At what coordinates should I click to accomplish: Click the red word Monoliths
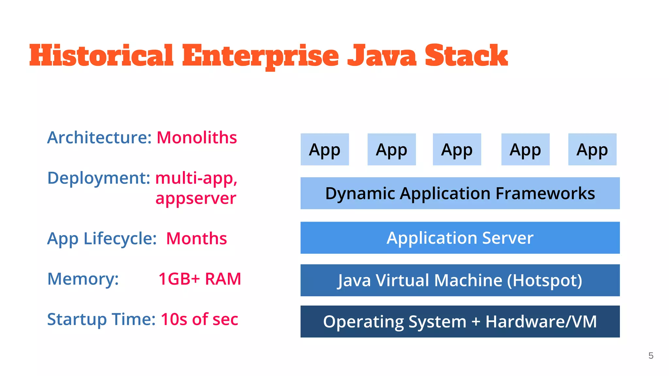tap(197, 137)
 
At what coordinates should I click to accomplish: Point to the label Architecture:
tap(99, 137)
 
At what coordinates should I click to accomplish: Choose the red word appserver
tap(196, 198)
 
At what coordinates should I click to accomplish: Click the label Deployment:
tap(99, 178)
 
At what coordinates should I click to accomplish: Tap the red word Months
tap(196, 238)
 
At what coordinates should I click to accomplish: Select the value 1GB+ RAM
tap(200, 279)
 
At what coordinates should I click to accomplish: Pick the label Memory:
tap(83, 279)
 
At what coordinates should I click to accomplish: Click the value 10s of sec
tap(199, 319)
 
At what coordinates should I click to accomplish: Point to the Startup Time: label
tap(101, 319)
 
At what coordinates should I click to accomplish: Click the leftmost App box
tap(325, 149)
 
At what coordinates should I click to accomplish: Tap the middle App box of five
tap(457, 149)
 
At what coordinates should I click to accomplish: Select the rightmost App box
tap(592, 149)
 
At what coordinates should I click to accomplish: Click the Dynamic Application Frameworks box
tap(460, 193)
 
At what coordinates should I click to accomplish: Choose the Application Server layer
tap(460, 238)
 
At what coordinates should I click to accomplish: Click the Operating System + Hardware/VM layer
tap(460, 321)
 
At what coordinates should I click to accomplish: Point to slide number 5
tap(651, 355)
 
